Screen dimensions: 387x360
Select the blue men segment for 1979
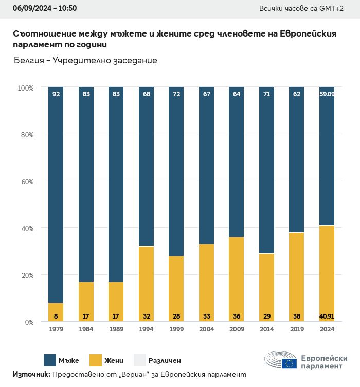56,196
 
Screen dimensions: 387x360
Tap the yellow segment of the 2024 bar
327,273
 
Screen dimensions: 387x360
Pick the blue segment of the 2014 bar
266,170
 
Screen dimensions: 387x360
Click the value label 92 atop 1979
56,94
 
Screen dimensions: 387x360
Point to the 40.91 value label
327,315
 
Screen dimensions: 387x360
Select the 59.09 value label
327,94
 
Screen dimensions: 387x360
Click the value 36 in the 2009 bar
236,315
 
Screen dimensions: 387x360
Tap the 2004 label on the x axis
206,329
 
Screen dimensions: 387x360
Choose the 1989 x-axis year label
116,329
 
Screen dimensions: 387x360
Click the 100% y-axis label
25,88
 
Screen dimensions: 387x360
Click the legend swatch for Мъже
50,360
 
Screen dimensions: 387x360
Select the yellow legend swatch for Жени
96,360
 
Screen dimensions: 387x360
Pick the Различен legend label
165,361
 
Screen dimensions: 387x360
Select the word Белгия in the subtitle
29,61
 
